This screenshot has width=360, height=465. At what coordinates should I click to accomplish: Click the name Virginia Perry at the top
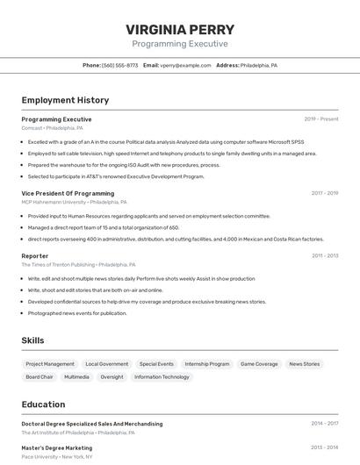click(180, 29)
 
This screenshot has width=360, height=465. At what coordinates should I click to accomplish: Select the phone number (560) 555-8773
click(120, 65)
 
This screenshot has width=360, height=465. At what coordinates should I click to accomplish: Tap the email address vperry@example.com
click(186, 65)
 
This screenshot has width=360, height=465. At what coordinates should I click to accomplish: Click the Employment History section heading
click(65, 100)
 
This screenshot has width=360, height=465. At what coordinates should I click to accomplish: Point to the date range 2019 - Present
click(321, 119)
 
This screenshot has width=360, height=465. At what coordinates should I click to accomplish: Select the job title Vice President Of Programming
click(68, 193)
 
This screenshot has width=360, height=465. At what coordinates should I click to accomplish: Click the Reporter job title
click(35, 255)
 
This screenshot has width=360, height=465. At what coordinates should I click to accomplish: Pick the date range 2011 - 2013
click(325, 255)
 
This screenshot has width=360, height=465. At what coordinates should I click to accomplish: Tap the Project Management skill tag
click(50, 363)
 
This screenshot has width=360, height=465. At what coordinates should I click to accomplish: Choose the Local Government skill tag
click(107, 363)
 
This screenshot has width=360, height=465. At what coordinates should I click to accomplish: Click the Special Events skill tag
click(156, 363)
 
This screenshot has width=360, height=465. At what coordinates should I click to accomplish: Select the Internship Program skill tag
click(207, 363)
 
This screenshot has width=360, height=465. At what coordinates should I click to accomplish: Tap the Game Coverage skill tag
click(259, 363)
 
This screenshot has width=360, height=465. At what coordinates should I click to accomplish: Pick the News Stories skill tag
click(305, 363)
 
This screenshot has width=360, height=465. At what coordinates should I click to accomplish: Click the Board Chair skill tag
click(40, 377)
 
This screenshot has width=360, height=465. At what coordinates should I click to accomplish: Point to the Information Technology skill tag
click(162, 377)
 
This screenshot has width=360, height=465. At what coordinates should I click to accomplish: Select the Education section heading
click(44, 404)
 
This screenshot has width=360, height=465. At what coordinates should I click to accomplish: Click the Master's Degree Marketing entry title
click(57, 447)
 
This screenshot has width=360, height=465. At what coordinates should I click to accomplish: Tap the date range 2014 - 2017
click(325, 423)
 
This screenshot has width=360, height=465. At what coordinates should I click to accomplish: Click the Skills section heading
click(33, 340)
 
